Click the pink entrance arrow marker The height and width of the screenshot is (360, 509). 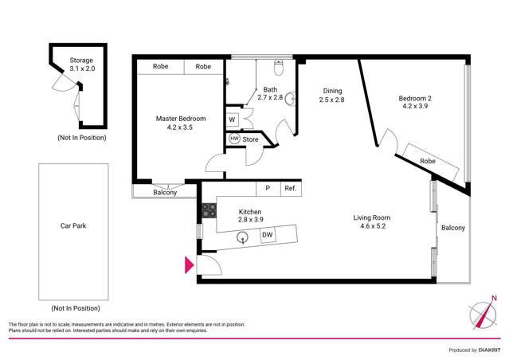click(189, 265)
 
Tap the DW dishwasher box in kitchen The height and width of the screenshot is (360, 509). click(268, 235)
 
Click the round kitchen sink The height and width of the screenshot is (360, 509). click(244, 237)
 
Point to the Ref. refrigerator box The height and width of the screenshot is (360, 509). click(290, 189)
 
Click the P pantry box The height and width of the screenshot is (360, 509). click(268, 189)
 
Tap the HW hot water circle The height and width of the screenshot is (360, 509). click(234, 139)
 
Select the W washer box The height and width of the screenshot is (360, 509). click(232, 120)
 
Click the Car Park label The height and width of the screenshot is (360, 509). click(73, 225)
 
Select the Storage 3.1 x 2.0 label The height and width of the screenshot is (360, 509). click(81, 65)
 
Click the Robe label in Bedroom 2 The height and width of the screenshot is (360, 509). click(428, 162)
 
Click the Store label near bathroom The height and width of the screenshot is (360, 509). click(250, 139)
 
